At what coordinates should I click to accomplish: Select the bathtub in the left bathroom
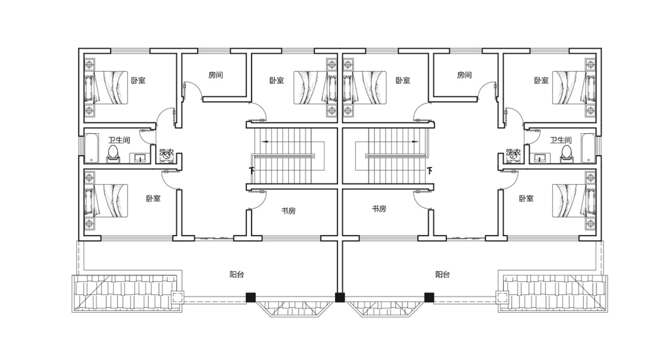91,148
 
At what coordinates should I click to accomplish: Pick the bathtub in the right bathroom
588,148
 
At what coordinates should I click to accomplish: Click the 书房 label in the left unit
289,211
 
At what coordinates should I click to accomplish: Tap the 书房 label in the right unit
379,209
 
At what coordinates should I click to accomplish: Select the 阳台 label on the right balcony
443,275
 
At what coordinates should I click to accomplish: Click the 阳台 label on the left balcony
237,275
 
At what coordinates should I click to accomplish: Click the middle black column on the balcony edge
340,298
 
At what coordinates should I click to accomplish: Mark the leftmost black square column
251,298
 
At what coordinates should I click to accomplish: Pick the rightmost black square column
429,298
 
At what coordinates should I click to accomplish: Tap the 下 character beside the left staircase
251,171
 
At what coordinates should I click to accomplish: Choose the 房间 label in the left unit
216,75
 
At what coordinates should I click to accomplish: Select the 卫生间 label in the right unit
561,140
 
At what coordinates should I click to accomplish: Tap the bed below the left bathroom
107,201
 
